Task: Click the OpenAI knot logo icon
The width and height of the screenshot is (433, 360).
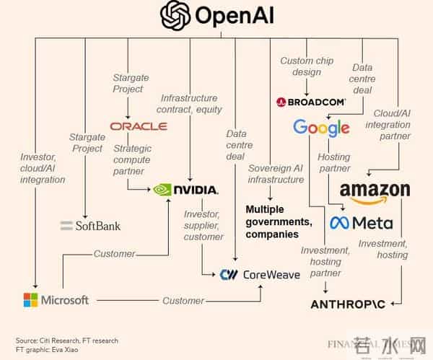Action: (176, 16)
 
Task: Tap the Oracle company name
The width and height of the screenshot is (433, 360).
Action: (139, 126)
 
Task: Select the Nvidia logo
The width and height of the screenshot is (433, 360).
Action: (185, 190)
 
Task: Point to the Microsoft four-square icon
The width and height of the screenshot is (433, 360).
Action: (31, 299)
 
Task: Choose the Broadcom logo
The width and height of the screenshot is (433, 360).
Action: (310, 102)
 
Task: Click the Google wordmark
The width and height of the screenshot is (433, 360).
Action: (321, 128)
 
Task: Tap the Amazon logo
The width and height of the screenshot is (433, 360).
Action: (375, 191)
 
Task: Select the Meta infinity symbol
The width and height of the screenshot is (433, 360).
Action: (339, 223)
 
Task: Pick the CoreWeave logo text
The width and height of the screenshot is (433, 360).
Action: (261, 274)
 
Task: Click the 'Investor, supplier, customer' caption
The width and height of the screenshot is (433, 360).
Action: (204, 225)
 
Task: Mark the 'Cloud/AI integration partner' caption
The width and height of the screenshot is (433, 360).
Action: (392, 124)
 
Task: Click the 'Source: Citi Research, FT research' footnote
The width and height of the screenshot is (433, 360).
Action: (67, 341)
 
